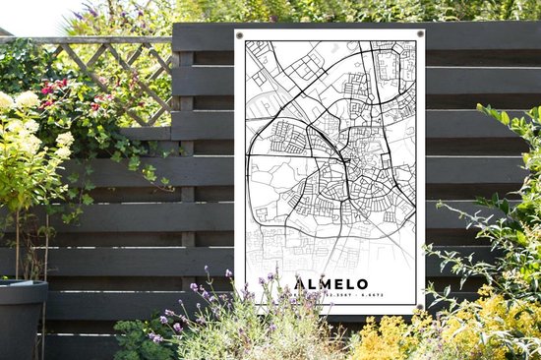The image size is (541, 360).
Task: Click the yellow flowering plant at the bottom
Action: [393, 339]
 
